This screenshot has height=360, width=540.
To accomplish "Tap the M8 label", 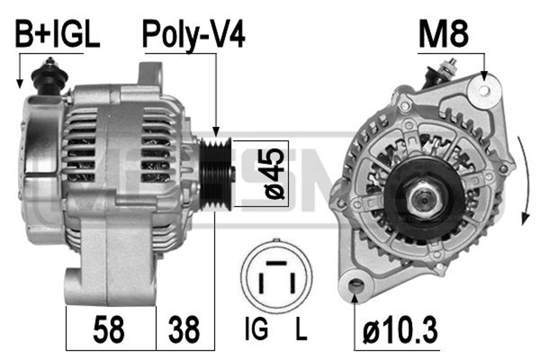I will pos(443,34).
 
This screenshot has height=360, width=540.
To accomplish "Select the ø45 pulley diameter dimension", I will pos(274,173).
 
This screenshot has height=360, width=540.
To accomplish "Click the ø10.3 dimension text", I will pos(400,330).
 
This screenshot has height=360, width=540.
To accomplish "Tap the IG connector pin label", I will pos(256,328).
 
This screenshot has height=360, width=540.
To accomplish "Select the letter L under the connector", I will pos(301,328).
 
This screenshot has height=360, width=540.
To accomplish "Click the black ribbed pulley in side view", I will pos(215,174).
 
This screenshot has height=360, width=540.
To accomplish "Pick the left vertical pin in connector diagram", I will pos(261,283).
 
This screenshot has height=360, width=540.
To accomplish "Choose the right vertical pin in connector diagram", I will pos(292,283).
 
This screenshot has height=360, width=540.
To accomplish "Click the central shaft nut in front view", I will pos(424,200).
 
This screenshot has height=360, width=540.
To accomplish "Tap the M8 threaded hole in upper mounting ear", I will pos(484,90).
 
